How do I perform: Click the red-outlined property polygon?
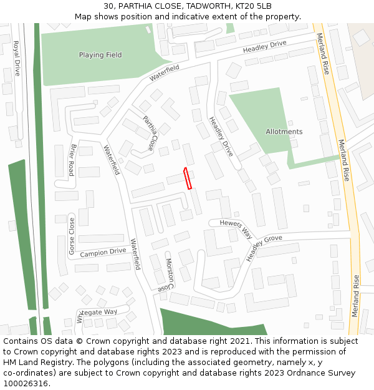pyautogui.click(x=187, y=178)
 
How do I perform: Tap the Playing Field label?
pyautogui.click(x=100, y=55)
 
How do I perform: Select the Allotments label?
pyautogui.click(x=284, y=132)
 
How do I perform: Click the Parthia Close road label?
pyautogui.click(x=148, y=133)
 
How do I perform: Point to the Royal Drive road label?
pyautogui.click(x=17, y=58)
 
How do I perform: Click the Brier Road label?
pyautogui.click(x=72, y=160)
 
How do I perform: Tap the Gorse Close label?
pyautogui.click(x=72, y=236)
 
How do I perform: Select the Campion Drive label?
pyautogui.click(x=103, y=253)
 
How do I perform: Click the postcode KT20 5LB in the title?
pyautogui.click(x=251, y=6)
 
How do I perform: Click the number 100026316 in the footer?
pyautogui.click(x=25, y=384)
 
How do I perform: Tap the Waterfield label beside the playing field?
pyautogui.click(x=164, y=73)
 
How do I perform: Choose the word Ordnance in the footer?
pyautogui.click(x=305, y=373)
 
